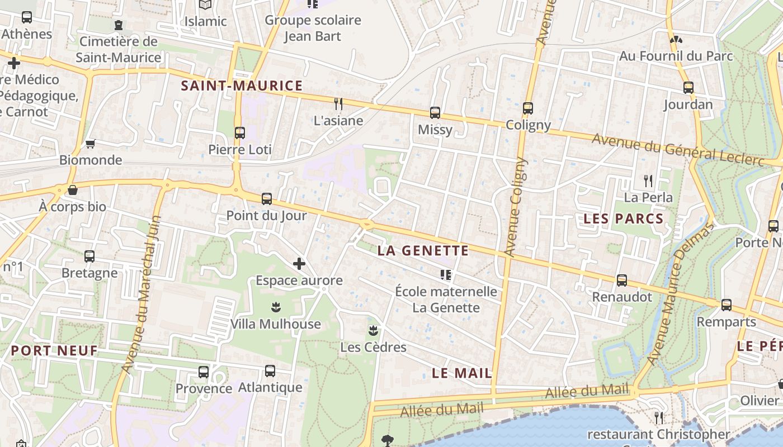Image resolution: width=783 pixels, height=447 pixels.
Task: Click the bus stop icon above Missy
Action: [x=435, y=113]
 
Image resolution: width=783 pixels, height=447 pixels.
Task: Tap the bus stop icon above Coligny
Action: [x=528, y=108]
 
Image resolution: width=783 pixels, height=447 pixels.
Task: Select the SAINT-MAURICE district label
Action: [x=242, y=86]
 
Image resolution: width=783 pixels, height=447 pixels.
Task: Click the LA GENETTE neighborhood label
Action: [x=423, y=250]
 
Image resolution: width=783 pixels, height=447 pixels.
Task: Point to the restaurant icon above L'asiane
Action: [x=338, y=103]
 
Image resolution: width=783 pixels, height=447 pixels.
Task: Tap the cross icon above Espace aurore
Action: [x=299, y=263]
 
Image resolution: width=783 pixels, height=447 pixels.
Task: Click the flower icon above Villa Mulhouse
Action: [x=275, y=307]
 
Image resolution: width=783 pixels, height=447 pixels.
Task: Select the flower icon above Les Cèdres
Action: [x=373, y=330]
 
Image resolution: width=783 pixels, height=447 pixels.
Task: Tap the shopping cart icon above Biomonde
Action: [x=90, y=144]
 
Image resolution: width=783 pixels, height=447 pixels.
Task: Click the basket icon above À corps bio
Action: [x=72, y=190]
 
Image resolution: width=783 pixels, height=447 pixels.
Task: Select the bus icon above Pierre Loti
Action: [x=240, y=132]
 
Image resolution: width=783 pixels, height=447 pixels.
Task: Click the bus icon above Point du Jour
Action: [x=267, y=198]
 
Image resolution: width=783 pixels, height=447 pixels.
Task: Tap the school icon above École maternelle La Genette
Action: [x=446, y=274]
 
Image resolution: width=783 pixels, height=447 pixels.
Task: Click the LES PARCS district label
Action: [x=624, y=219]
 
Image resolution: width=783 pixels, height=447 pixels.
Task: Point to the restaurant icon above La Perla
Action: [x=648, y=180]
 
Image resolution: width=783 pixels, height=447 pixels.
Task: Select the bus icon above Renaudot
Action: [x=622, y=280]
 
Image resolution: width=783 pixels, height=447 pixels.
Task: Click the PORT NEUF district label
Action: [x=54, y=351]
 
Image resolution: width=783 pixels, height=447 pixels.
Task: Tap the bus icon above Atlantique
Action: [x=270, y=370]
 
